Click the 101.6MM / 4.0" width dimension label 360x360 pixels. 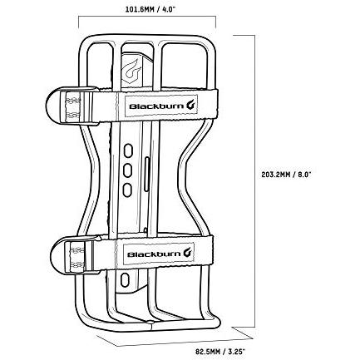point(150,9)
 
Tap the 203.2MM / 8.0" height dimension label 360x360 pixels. point(287,175)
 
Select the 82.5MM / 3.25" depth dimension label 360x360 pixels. point(220,344)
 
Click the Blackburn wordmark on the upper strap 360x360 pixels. point(156,106)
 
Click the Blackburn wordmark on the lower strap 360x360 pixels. point(154,254)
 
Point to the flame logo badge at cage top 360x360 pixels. point(131,68)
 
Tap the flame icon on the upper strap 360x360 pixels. point(191,105)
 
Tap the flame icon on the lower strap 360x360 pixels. point(189,253)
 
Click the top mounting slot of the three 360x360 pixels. point(128,150)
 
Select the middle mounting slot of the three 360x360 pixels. point(127,170)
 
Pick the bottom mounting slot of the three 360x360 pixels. point(127,190)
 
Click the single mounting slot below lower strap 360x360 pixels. point(125,279)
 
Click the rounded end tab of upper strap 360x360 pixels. point(54,106)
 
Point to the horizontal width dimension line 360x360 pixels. point(147,17)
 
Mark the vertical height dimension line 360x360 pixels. point(254,181)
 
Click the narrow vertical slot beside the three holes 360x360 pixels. point(147,174)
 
